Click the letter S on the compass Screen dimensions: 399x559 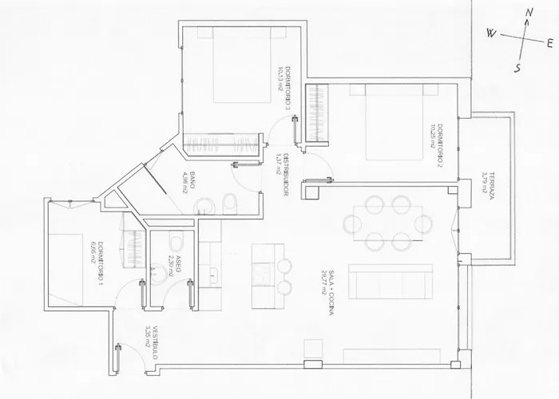pyautogui.click(x=518, y=67)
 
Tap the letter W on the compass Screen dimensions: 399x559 pyautogui.click(x=492, y=34)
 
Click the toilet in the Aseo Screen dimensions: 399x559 pyautogui.click(x=175, y=243)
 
